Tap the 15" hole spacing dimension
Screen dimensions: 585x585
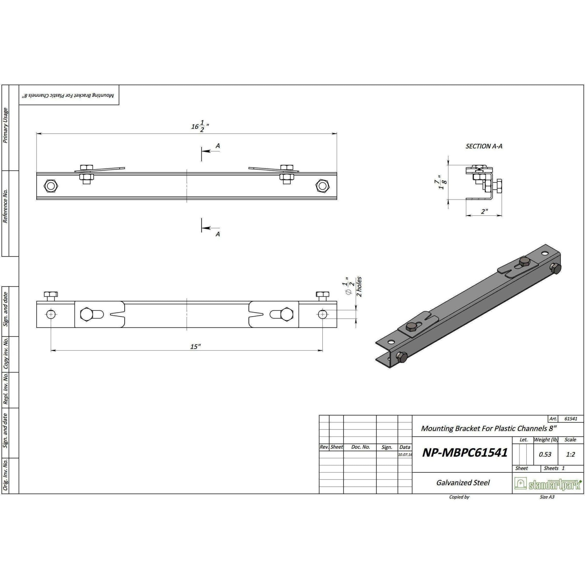pos(196,346)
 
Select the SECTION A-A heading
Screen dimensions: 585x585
pos(484,146)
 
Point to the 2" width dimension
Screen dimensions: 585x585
pos(484,212)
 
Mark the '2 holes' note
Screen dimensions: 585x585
pos(359,287)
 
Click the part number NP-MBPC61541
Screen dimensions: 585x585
pos(465,452)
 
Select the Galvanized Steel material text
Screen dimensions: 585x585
pos(463,483)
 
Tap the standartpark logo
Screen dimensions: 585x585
pos(548,484)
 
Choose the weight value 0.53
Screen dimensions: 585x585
pos(545,454)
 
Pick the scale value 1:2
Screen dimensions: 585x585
pos(570,454)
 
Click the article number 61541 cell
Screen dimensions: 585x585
pos(571,419)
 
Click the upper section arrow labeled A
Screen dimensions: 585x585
pos(217,146)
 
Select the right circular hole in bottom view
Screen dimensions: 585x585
pos(322,314)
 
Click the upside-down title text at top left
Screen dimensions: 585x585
pos(69,95)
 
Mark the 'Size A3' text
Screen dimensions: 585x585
pos(547,497)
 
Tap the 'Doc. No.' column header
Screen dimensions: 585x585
pos(360,447)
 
